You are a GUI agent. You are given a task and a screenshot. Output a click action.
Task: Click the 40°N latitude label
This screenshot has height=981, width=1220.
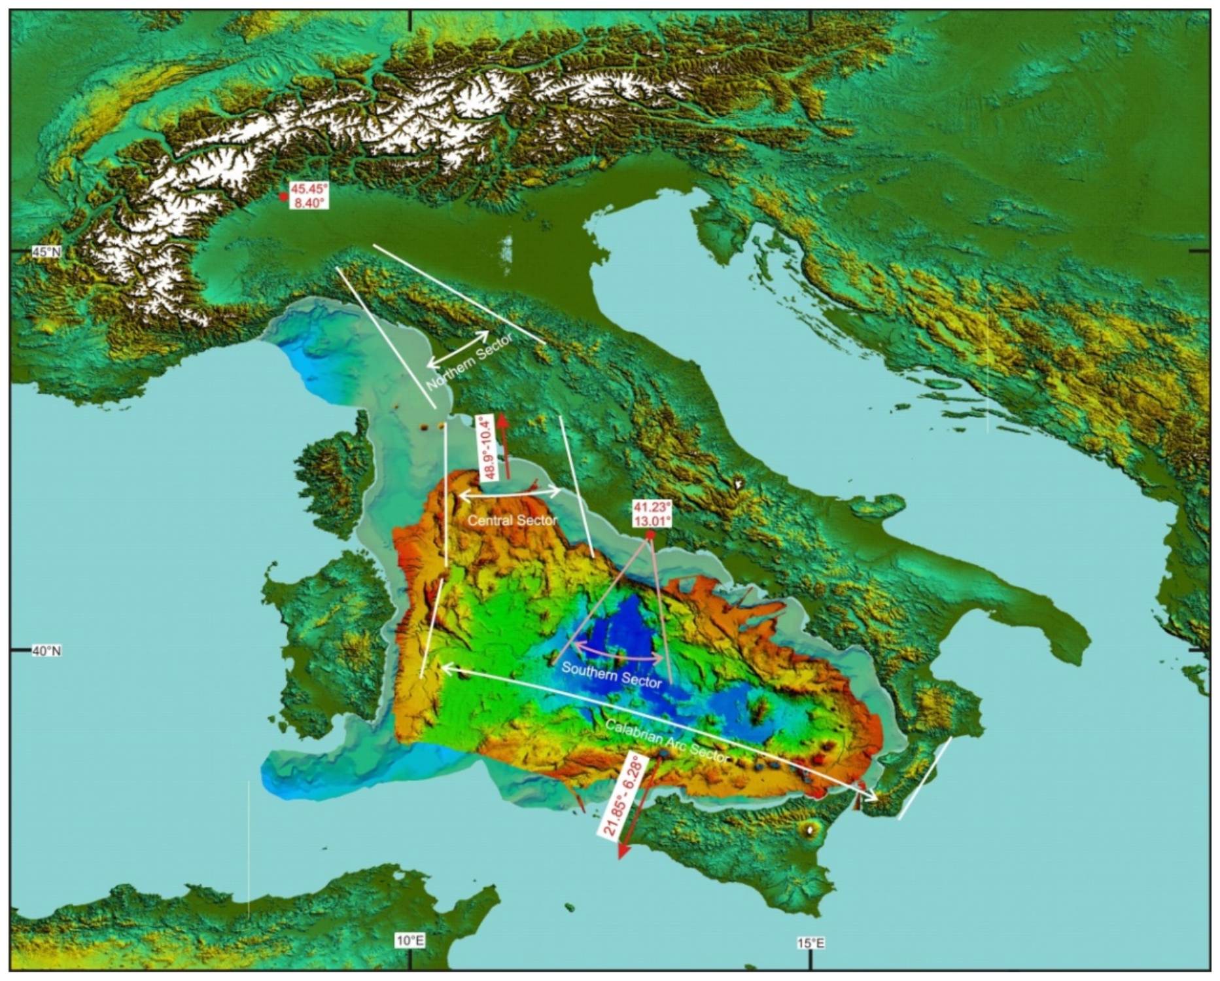pyautogui.click(x=46, y=651)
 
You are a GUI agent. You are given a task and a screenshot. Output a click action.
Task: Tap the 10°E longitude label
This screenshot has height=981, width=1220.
pyautogui.click(x=410, y=941)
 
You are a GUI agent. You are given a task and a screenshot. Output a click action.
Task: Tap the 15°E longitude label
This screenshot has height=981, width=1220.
pyautogui.click(x=810, y=943)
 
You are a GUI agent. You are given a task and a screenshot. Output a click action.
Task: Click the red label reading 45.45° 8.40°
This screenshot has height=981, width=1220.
pyautogui.click(x=309, y=196)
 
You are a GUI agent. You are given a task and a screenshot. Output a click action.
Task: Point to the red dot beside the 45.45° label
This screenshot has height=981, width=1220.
pyautogui.click(x=283, y=196)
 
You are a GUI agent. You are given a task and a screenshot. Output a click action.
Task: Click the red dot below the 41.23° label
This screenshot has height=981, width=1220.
pyautogui.click(x=650, y=535)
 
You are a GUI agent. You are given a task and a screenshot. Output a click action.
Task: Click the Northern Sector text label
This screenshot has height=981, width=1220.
pyautogui.click(x=469, y=362)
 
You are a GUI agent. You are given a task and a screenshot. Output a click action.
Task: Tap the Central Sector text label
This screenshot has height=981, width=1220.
pyautogui.click(x=512, y=520)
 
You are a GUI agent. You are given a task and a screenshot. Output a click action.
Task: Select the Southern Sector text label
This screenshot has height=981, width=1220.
pyautogui.click(x=611, y=675)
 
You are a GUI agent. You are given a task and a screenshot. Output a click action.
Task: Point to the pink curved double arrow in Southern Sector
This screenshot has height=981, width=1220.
pyautogui.click(x=619, y=652)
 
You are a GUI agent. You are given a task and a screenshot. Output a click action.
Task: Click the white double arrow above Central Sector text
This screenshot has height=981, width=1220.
pyautogui.click(x=509, y=493)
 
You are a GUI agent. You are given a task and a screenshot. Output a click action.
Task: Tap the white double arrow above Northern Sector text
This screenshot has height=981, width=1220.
pyautogui.click(x=458, y=349)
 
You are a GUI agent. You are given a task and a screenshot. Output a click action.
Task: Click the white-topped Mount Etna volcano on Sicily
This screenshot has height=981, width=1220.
pyautogui.click(x=812, y=830)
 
